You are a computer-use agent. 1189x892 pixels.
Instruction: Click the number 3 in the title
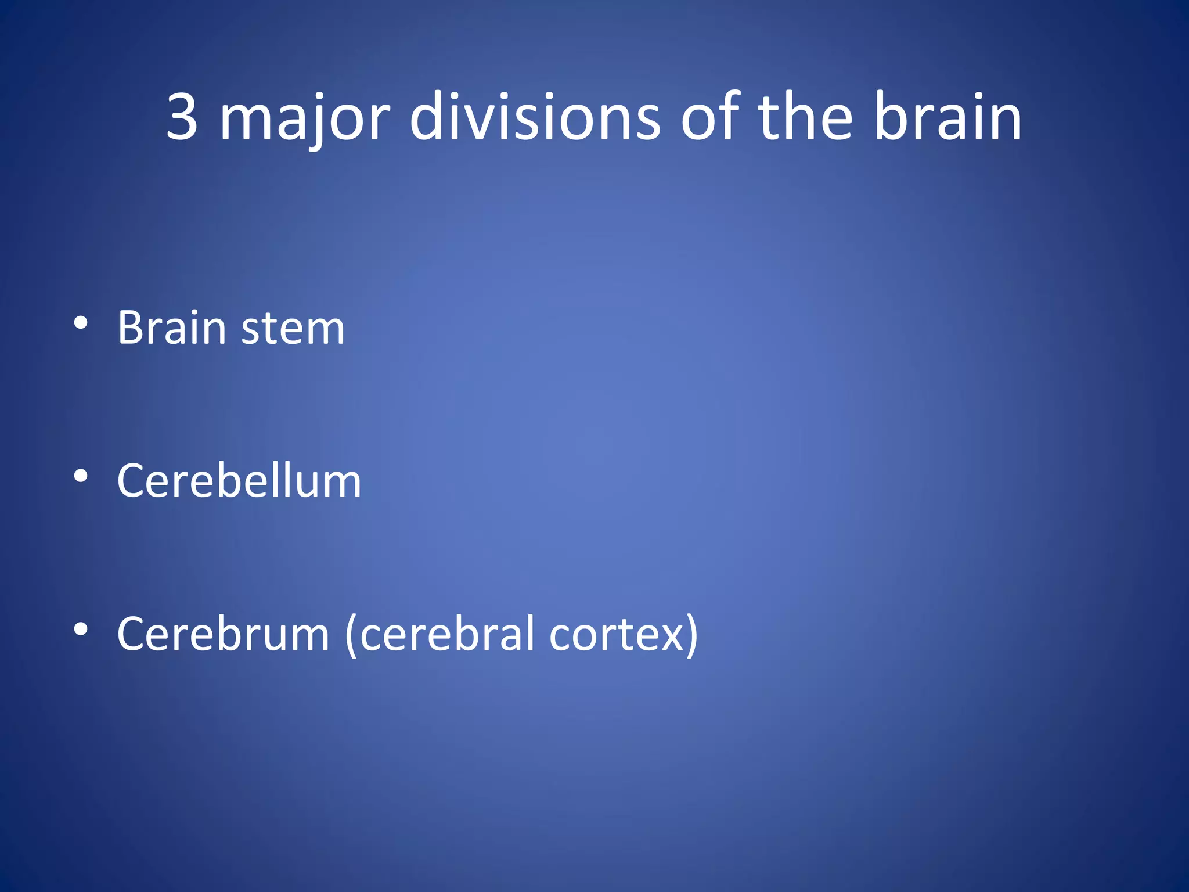[182, 117]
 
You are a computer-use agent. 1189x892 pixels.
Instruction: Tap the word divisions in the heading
[535, 117]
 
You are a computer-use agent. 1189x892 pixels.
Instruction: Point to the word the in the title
[805, 117]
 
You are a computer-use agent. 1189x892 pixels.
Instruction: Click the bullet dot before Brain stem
[81, 323]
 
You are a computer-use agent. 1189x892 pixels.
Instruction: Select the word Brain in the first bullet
[171, 328]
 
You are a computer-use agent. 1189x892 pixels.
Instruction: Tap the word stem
[293, 329]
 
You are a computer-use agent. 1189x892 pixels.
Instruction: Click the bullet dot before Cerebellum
[81, 476]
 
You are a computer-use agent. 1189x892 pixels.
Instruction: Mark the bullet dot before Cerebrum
[81, 629]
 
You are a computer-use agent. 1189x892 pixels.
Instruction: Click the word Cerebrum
[224, 634]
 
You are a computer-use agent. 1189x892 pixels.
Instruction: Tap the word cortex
[617, 635]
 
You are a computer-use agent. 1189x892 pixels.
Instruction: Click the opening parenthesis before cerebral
[350, 635]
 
